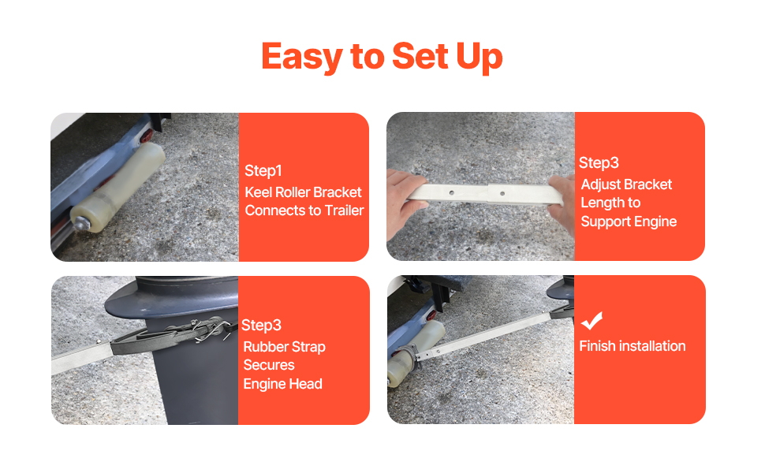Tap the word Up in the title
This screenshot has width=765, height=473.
tap(479, 58)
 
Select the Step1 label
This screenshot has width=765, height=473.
tap(263, 170)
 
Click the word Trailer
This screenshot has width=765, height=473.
tap(345, 210)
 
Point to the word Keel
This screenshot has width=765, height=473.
tap(259, 192)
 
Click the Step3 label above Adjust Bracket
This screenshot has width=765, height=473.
tap(599, 163)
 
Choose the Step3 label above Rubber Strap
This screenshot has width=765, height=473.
tap(261, 326)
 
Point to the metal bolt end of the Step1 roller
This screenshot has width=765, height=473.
tap(79, 224)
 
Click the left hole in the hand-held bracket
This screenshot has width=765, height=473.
tap(451, 192)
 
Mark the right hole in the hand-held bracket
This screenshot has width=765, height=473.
tap(502, 194)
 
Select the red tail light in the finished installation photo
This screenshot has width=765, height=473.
tap(431, 315)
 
